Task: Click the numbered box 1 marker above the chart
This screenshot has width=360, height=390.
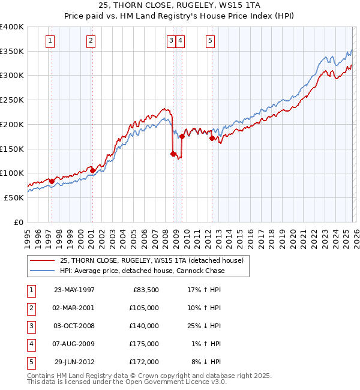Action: tap(49, 41)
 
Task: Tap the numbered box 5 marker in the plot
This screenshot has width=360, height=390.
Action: tap(211, 41)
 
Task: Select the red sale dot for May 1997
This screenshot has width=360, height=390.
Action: tap(52, 181)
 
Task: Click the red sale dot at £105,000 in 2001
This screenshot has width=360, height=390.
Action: tap(92, 170)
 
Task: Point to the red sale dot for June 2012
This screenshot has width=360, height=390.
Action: tap(212, 138)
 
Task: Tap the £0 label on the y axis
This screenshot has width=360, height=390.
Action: tap(18, 222)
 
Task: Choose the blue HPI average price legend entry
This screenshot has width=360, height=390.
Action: tap(142, 271)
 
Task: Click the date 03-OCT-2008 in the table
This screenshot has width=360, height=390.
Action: tap(74, 326)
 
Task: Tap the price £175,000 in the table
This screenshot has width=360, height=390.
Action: tap(144, 344)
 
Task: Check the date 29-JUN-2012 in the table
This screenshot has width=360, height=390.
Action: tap(74, 362)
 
